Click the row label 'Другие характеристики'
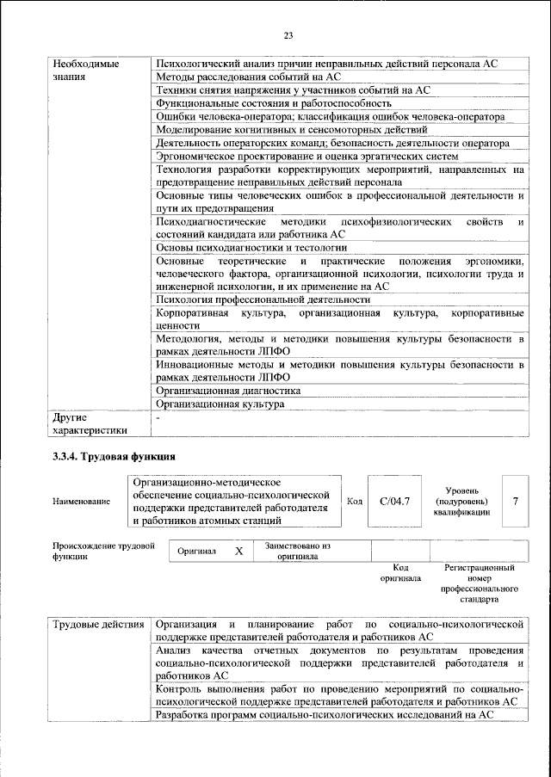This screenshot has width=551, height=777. click(x=90, y=423)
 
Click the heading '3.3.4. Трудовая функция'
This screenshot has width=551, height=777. click(x=115, y=456)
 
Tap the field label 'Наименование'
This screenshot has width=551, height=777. click(x=81, y=502)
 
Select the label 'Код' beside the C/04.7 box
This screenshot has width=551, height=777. click(x=354, y=501)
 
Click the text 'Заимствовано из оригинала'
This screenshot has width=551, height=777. click(x=298, y=551)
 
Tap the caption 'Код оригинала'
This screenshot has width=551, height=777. click(x=399, y=573)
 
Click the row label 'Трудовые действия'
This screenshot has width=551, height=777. click(x=97, y=623)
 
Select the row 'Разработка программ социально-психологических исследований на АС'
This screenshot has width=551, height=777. click(x=325, y=715)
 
